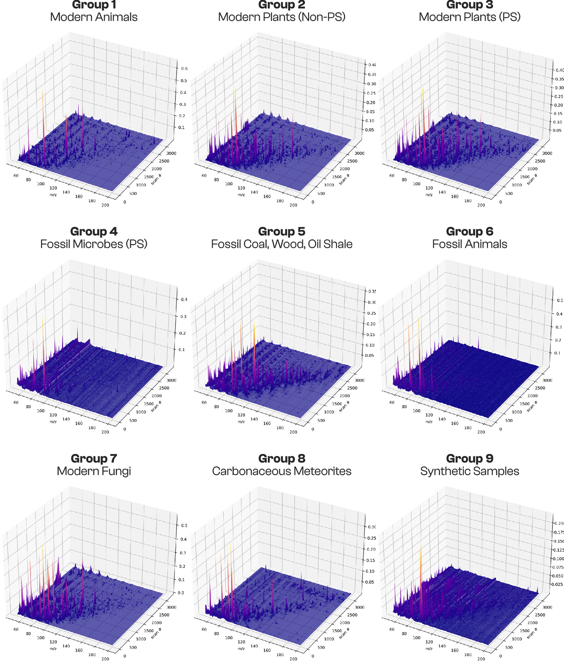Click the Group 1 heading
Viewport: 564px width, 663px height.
click(94, 5)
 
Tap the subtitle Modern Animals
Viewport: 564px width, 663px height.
click(94, 17)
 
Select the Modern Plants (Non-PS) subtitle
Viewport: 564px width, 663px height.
click(282, 17)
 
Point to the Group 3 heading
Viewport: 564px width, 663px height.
click(469, 5)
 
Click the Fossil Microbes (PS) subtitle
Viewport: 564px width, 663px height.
click(94, 244)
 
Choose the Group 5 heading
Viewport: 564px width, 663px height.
click(282, 232)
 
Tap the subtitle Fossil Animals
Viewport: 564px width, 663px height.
click(469, 244)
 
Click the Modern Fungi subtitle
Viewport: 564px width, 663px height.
click(94, 471)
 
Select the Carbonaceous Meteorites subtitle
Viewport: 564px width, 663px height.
click(282, 471)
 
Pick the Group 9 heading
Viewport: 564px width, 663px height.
click(469, 459)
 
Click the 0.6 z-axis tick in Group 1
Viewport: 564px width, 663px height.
click(184, 69)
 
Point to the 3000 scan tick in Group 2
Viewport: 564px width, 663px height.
click(359, 153)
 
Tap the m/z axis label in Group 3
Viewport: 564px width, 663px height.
click(429, 195)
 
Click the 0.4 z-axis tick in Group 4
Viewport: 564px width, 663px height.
click(184, 300)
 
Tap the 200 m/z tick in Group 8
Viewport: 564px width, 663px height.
click(293, 659)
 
